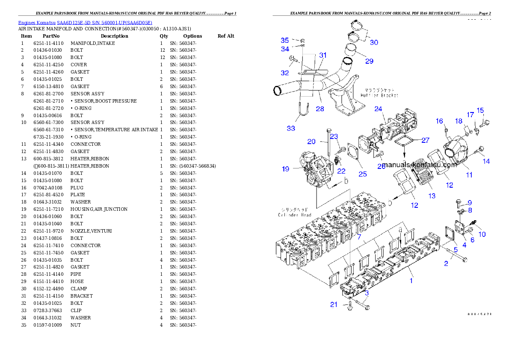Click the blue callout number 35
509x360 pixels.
[x=285, y=40]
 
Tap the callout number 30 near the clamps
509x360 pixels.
[x=374, y=42]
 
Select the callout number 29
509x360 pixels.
[x=369, y=61]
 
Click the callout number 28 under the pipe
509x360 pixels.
[x=320, y=109]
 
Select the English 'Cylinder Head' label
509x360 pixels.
[x=295, y=215]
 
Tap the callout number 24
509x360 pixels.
[x=378, y=109]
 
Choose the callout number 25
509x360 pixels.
[x=363, y=174]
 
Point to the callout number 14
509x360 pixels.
[x=486, y=161]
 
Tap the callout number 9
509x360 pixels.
[x=469, y=203]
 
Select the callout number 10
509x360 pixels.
[x=482, y=234]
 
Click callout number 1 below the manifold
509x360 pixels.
[x=411, y=281]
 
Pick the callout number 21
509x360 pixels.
[x=334, y=304]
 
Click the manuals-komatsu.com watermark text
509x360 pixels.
[x=420, y=165]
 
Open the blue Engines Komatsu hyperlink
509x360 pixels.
[x=85, y=22]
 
